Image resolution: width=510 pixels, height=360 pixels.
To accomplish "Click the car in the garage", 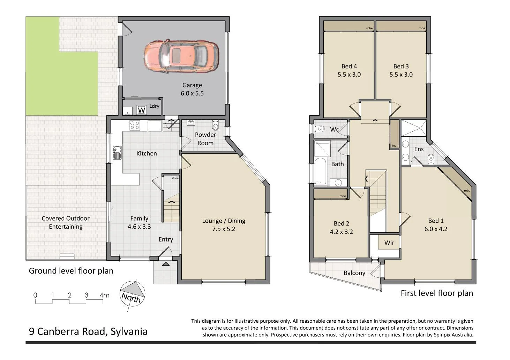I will pyautogui.click(x=181, y=56).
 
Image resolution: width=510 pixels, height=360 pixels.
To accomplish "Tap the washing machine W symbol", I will pyautogui.click(x=141, y=110).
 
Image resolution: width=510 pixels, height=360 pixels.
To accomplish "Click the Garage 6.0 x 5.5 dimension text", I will pyautogui.click(x=192, y=93).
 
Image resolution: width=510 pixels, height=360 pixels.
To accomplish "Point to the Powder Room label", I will pyautogui.click(x=205, y=139).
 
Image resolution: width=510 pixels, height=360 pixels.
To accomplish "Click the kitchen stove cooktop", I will pyautogui.click(x=135, y=125).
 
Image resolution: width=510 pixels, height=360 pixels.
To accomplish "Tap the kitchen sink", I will pyautogui.click(x=117, y=153).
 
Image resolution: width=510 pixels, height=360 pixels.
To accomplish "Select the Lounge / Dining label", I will pyautogui.click(x=224, y=221).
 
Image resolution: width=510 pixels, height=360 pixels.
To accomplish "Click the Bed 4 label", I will pyautogui.click(x=349, y=66).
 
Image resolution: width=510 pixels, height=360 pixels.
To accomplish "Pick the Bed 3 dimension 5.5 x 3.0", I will pyautogui.click(x=401, y=75).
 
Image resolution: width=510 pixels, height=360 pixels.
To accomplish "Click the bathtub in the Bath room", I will pyautogui.click(x=320, y=171).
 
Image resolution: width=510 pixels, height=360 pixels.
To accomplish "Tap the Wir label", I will pyautogui.click(x=389, y=243).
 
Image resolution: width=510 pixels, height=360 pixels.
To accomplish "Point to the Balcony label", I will pyautogui.click(x=354, y=273).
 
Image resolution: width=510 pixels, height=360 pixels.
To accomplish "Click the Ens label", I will pyautogui.click(x=419, y=149).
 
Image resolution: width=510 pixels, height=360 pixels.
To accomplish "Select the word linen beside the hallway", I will pyautogui.click(x=395, y=146).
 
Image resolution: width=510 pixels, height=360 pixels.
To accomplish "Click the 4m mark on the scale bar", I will pyautogui.click(x=104, y=295).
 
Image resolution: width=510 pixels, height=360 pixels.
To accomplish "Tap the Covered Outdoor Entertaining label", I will pyautogui.click(x=66, y=222).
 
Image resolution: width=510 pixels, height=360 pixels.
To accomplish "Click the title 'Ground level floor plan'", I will pyautogui.click(x=71, y=271).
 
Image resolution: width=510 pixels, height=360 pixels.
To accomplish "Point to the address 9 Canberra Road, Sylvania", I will pyautogui.click(x=88, y=331).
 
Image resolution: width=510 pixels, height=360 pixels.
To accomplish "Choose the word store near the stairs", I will pyautogui.click(x=175, y=178).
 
